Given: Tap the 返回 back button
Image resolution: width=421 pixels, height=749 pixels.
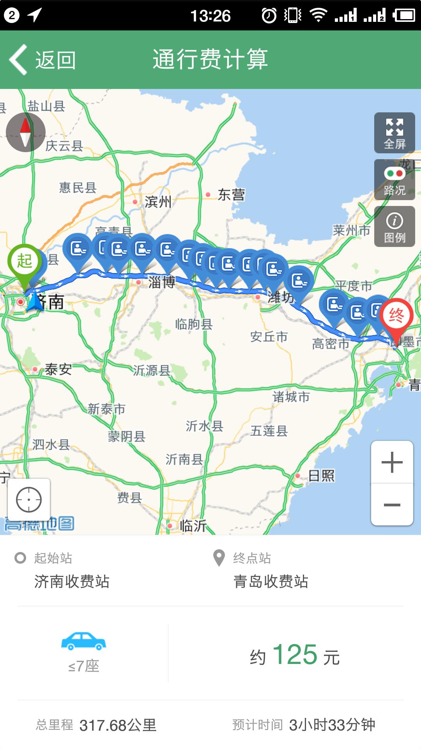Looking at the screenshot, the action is [x=43, y=60].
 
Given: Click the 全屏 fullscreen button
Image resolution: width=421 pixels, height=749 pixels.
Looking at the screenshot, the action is [x=394, y=133].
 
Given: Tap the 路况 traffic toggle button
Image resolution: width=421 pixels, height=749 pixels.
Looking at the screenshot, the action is [x=394, y=180].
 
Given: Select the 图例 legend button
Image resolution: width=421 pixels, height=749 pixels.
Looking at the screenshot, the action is [x=394, y=227].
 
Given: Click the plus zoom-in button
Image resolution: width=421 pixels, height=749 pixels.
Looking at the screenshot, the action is [x=392, y=462].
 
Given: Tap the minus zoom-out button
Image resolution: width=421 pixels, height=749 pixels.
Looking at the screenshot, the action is [x=392, y=505].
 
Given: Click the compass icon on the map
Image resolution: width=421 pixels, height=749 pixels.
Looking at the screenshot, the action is [x=26, y=132].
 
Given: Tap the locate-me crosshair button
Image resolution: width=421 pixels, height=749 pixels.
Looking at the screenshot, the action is [x=29, y=499].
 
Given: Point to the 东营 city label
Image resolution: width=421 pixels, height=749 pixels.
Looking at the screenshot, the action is [x=231, y=194].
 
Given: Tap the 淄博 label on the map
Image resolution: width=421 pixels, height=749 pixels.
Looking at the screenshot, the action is [x=161, y=282].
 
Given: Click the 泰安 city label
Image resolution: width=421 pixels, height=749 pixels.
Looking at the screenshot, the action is [x=58, y=369].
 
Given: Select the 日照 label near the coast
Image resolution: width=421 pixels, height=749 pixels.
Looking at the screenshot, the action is [x=321, y=476].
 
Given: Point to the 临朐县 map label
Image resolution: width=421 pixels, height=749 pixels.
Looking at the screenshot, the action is [x=194, y=324].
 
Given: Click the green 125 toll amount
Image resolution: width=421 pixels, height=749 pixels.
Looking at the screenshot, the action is [x=295, y=655].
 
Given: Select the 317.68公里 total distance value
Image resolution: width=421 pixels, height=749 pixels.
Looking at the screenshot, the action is [x=118, y=725].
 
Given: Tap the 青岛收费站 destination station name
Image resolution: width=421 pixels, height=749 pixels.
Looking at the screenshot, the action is [x=271, y=582].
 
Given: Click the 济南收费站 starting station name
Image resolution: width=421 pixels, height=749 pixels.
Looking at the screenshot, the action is [x=72, y=582].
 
